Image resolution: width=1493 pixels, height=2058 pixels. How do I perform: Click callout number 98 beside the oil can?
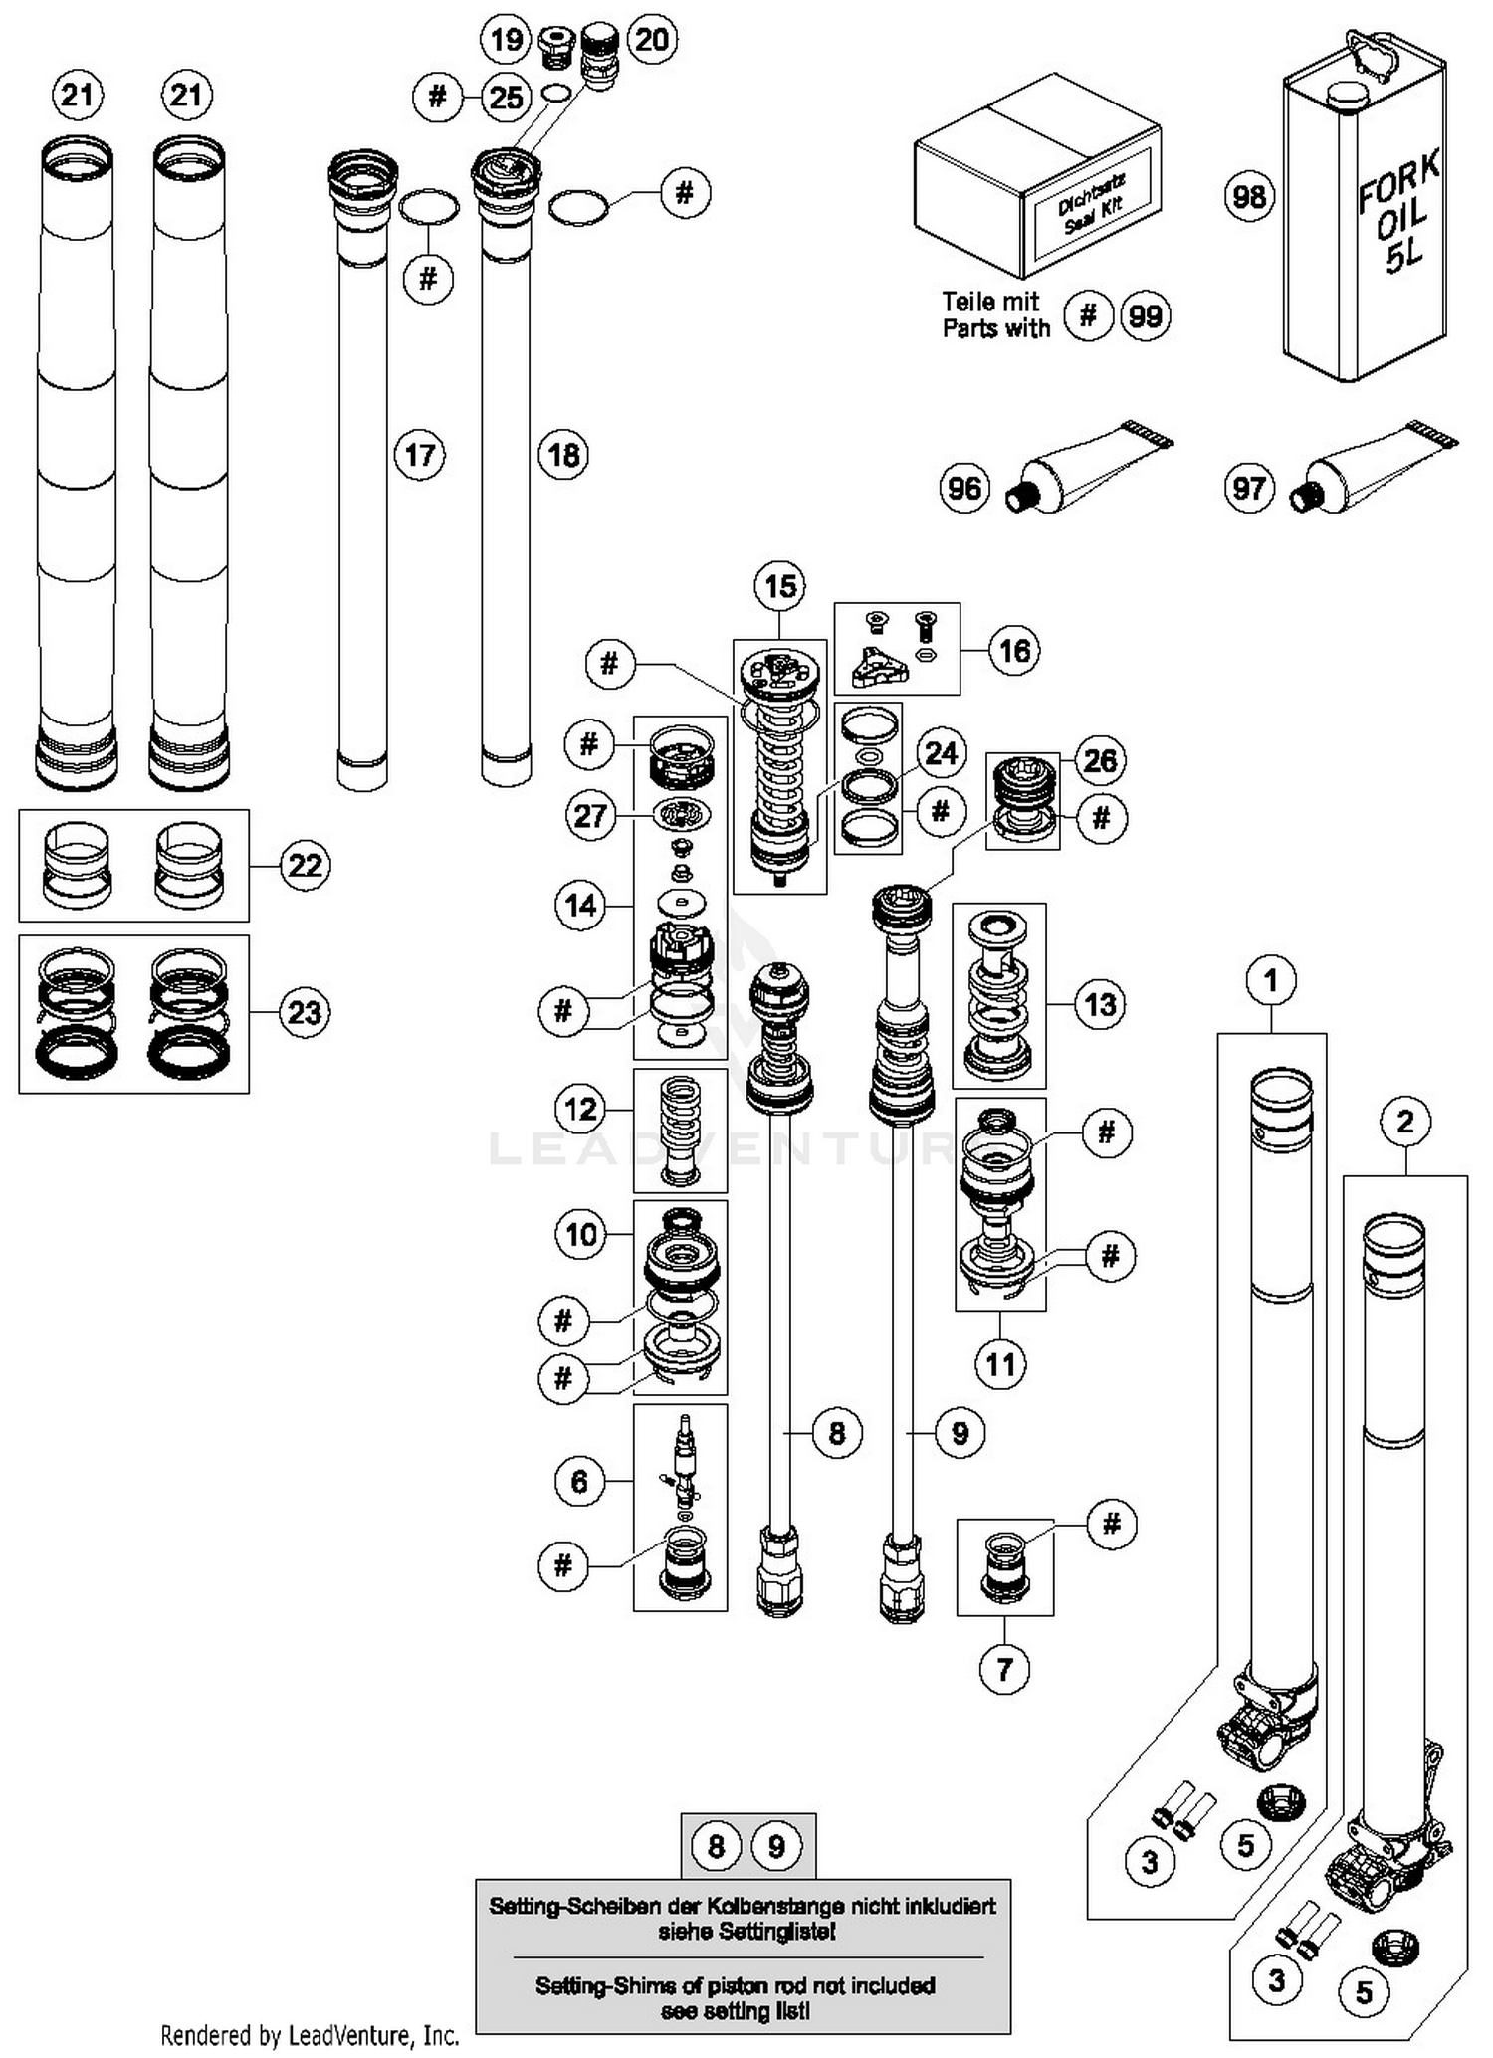pos(1249,195)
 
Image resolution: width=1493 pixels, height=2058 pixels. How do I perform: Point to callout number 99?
pos(1145,316)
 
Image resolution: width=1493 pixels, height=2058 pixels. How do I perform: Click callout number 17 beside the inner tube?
pos(419,455)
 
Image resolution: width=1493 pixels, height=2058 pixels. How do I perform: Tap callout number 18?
pos(563,455)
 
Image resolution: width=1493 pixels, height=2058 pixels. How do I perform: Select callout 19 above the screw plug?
pos(506,40)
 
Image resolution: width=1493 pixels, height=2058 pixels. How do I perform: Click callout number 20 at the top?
pos(652,40)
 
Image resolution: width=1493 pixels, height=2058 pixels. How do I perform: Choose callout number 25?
pos(506,98)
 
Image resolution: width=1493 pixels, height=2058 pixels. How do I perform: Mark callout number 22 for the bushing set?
pos(305,865)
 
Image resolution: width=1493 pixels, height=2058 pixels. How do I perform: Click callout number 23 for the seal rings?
pos(305,1012)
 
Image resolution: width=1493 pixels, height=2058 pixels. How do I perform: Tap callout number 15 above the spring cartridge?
pos(780,586)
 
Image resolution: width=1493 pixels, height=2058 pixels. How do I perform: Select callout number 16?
pos(1014,651)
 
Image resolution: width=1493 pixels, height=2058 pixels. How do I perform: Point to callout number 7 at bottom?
pos(1004,1668)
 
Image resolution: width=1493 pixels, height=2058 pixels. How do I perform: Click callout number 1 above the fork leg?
pos(1270,980)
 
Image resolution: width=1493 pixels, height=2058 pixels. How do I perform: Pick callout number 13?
pos(1100,1004)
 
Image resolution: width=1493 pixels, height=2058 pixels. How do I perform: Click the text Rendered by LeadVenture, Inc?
pos(310,2034)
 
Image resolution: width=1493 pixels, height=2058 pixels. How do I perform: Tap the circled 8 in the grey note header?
pos(716,1847)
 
